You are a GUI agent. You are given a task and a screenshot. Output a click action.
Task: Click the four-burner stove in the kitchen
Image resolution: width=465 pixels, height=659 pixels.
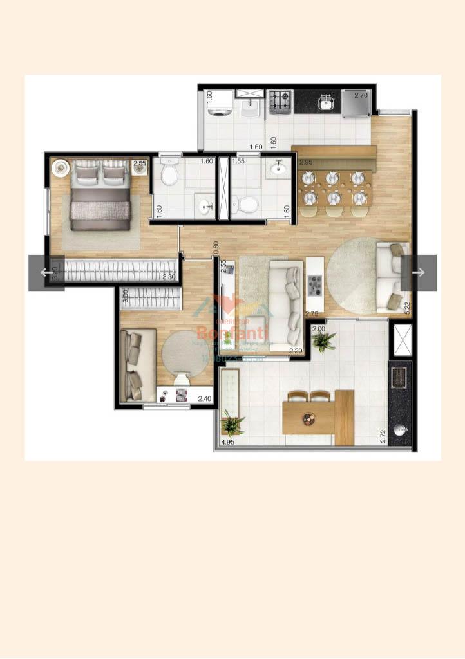coord(280,101)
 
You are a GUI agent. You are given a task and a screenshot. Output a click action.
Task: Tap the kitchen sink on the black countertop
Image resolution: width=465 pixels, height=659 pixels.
coord(327,102)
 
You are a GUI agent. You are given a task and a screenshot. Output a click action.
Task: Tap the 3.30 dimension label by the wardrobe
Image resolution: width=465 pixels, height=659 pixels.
coord(169,277)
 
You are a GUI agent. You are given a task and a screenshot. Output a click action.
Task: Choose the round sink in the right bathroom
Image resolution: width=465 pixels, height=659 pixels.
coord(278,169)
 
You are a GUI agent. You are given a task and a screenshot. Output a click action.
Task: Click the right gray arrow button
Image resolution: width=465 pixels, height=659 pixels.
coord(419,272)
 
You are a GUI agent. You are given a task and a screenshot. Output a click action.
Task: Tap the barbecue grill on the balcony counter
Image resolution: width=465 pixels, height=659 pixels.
coord(399,376)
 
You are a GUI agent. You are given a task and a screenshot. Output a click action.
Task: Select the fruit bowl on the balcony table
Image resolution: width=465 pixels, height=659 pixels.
coord(308,418)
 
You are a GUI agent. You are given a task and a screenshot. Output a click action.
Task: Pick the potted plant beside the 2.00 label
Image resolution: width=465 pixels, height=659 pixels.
coord(322,341)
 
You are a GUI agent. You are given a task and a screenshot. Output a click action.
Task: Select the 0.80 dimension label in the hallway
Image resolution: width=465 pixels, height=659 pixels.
coord(216,247)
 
